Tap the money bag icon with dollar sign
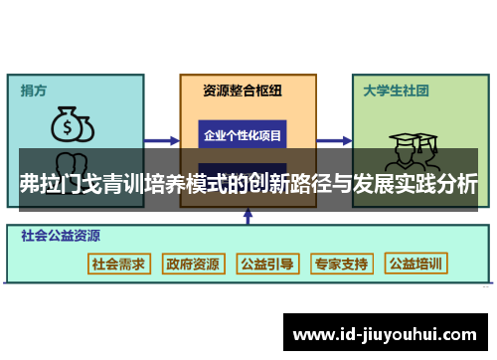[73, 125]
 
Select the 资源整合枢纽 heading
[242, 90]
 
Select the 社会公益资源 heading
[60, 237]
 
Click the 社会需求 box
[118, 264]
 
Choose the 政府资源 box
[193, 264]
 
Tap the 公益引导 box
[267, 264]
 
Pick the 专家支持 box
[341, 264]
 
